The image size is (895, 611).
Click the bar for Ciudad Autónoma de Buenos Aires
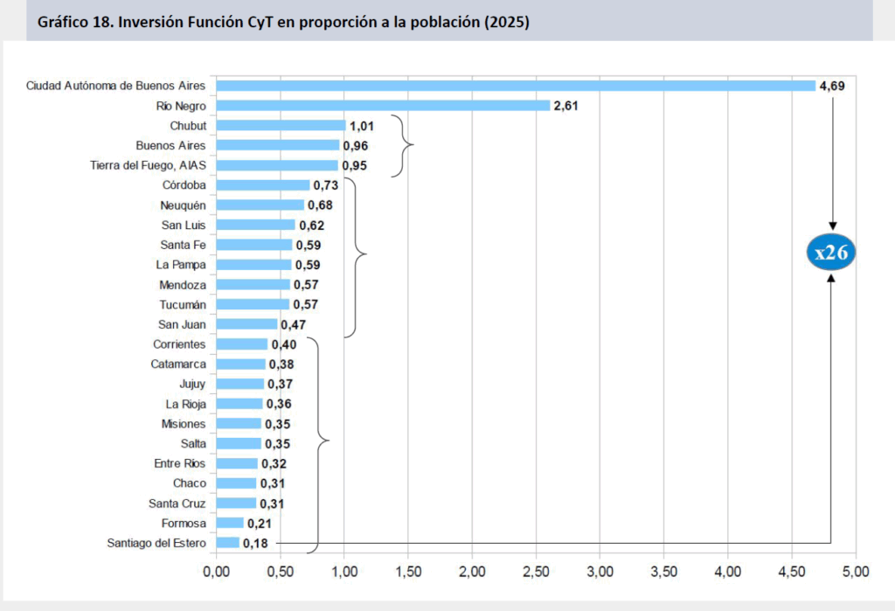(x=516, y=86)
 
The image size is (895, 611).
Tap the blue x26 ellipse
(x=830, y=253)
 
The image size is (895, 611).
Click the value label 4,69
(x=832, y=86)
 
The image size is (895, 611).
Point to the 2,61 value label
(x=566, y=106)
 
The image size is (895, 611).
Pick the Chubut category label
(x=188, y=126)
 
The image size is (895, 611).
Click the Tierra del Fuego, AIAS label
(x=148, y=165)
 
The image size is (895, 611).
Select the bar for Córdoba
(x=263, y=185)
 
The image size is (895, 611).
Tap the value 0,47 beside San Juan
(x=294, y=324)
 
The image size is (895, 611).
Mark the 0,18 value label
(x=256, y=544)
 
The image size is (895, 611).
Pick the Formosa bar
(x=230, y=524)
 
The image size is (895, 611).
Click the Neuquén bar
(x=260, y=205)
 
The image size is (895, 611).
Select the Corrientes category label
(x=179, y=344)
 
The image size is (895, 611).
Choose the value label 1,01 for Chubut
(x=362, y=126)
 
